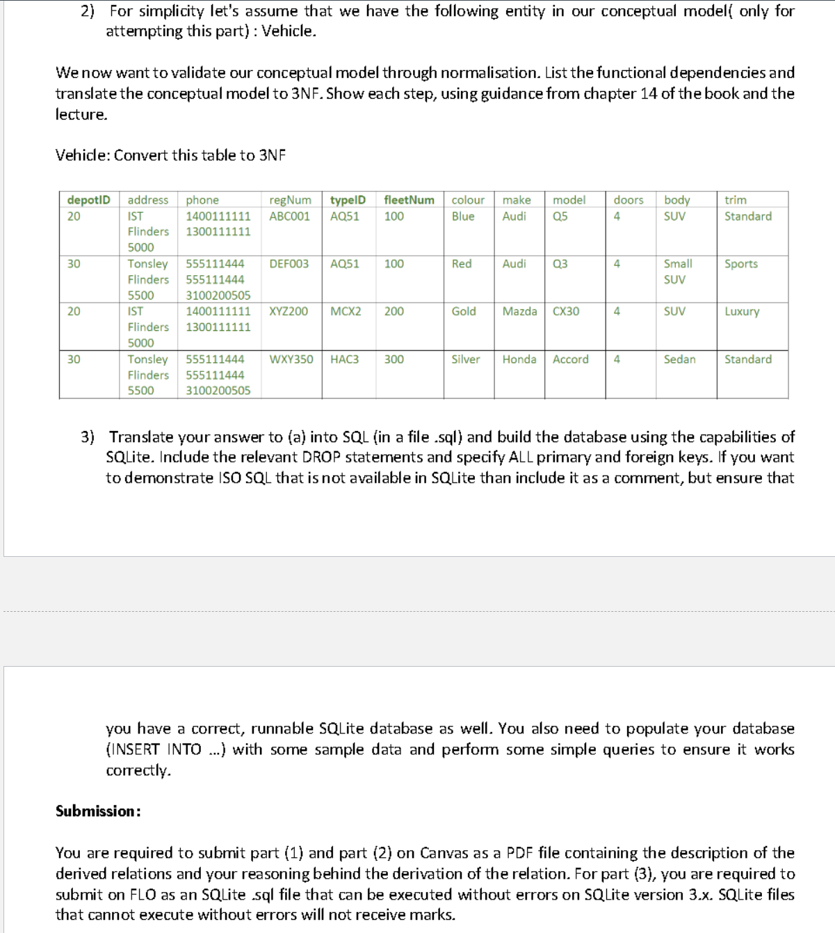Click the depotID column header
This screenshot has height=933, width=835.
[x=88, y=200]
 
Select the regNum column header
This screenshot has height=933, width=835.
[x=290, y=200]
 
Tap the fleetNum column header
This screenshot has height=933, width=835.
[x=409, y=200]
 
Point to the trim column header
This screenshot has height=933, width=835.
[x=735, y=200]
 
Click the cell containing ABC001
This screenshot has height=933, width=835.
[x=289, y=216]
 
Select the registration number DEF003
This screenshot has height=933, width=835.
[x=289, y=264]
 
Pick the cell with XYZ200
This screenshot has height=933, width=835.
[x=289, y=311]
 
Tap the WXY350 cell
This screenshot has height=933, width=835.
[x=291, y=359]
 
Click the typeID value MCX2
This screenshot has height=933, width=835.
[x=346, y=311]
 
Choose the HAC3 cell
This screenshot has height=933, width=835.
[x=344, y=359]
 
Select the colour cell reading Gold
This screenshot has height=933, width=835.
[x=464, y=311]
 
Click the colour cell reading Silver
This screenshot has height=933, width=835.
[x=465, y=359]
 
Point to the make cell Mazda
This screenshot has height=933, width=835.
[x=519, y=311]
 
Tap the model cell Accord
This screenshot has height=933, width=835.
[x=570, y=359]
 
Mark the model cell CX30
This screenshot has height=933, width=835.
[x=565, y=311]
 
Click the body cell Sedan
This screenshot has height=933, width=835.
[x=679, y=359]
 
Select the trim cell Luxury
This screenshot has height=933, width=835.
[x=742, y=311]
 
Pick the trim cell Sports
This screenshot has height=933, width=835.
[x=740, y=264]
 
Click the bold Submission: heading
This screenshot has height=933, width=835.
[x=99, y=811]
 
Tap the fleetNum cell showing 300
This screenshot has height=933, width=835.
[x=394, y=359]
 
